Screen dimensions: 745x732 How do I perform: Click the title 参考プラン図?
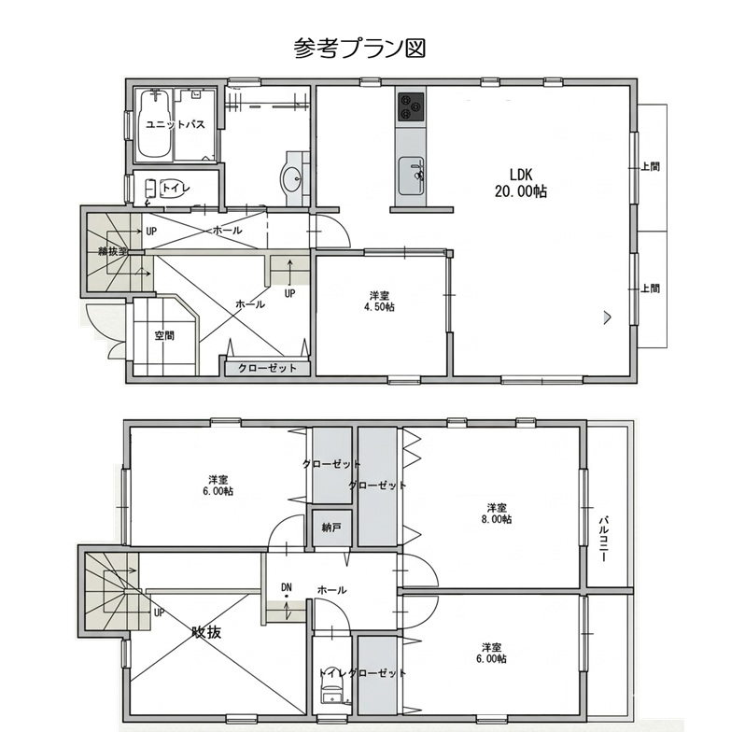pyautogui.click(x=359, y=48)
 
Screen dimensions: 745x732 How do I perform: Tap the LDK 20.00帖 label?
pyautogui.click(x=521, y=183)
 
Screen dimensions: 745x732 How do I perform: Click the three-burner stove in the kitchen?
pyautogui.click(x=411, y=107)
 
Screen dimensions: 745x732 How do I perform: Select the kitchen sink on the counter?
pyautogui.click(x=411, y=176)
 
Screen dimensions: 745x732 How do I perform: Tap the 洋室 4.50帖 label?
pyautogui.click(x=382, y=301)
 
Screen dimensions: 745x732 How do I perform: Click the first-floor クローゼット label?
pyautogui.click(x=267, y=368)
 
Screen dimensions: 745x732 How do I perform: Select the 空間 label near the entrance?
pyautogui.click(x=164, y=335)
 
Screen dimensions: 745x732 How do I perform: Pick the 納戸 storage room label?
pyautogui.click(x=331, y=528)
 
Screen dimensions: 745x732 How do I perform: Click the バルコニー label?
pyautogui.click(x=603, y=539)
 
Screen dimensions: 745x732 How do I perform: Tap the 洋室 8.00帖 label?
pyautogui.click(x=496, y=514)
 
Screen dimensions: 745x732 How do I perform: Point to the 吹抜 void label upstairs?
pyautogui.click(x=206, y=632)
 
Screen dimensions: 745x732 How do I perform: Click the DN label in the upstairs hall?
pyautogui.click(x=287, y=588)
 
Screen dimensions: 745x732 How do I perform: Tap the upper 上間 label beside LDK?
pyautogui.click(x=651, y=167)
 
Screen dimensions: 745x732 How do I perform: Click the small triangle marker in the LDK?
pyautogui.click(x=607, y=317)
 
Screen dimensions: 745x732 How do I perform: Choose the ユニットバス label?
pyautogui.click(x=176, y=124)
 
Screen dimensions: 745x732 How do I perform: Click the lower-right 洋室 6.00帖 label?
pyautogui.click(x=491, y=653)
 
